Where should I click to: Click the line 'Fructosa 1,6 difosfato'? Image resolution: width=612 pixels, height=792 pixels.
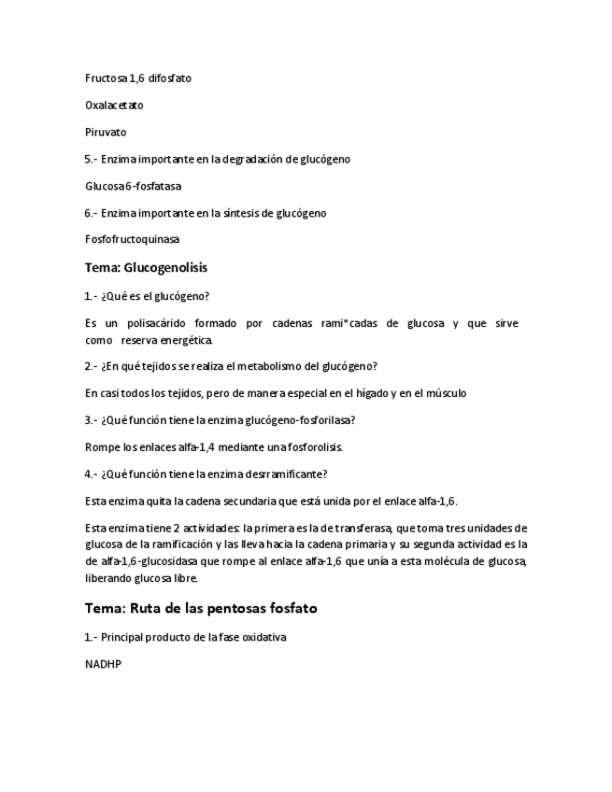[x=137, y=78]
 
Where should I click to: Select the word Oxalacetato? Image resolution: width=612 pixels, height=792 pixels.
[x=114, y=106]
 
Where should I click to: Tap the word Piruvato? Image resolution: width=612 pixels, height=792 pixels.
[x=106, y=133]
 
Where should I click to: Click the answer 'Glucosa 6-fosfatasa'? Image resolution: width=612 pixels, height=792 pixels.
[x=133, y=186]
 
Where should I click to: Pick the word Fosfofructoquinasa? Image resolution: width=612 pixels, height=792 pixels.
[x=132, y=239]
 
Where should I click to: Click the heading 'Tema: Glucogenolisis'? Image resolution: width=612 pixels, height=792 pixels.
[x=146, y=267]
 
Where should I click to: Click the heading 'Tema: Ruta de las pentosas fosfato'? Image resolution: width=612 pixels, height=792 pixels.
[x=201, y=608]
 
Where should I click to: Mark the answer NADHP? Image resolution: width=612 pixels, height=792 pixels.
[x=103, y=665]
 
